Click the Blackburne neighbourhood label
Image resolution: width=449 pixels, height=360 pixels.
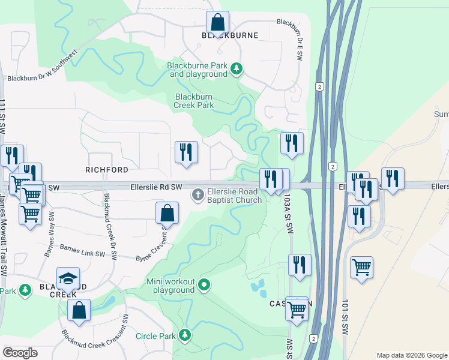click(x=230, y=35)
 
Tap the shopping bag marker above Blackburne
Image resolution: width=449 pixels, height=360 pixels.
click(x=217, y=23)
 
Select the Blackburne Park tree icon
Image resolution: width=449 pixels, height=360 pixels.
click(x=237, y=70)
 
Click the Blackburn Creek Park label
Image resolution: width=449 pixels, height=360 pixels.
click(x=194, y=101)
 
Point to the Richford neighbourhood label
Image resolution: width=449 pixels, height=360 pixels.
click(x=107, y=170)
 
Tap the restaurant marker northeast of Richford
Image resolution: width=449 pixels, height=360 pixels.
click(x=186, y=152)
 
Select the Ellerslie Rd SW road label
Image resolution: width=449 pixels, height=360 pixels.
click(x=156, y=187)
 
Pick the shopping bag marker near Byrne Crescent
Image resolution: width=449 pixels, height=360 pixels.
click(x=167, y=213)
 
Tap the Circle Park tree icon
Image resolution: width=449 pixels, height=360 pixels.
click(x=185, y=334)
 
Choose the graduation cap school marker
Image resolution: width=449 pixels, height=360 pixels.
click(x=68, y=278)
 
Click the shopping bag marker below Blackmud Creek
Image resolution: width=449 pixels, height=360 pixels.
click(x=79, y=310)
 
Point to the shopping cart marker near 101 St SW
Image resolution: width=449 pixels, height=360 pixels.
click(x=361, y=268)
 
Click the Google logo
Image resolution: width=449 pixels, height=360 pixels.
click(x=20, y=353)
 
